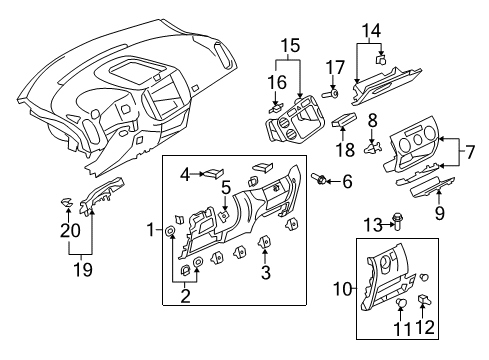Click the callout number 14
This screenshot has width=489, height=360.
click(x=371, y=31)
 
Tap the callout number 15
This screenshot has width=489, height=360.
click(x=290, y=46)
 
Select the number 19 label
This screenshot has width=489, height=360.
click(x=83, y=269)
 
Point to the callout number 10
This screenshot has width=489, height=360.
click(x=342, y=289)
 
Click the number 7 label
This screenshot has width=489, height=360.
click(x=470, y=152)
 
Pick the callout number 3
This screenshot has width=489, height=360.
click(x=265, y=272)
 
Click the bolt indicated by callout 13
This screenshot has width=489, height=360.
click(x=398, y=222)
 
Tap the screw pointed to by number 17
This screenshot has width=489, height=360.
click(x=330, y=94)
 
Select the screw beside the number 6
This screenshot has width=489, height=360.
click(x=318, y=179)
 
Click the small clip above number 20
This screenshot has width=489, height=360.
click(x=67, y=202)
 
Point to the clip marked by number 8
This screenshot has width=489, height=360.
click(x=372, y=148)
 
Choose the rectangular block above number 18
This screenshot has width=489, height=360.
click(x=344, y=120)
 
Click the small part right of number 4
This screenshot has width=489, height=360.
click(x=214, y=173)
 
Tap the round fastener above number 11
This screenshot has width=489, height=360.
click(x=402, y=303)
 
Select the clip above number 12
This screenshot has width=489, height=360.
click(x=423, y=299)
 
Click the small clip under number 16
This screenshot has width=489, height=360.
click(x=276, y=108)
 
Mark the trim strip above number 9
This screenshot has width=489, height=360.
click(x=432, y=188)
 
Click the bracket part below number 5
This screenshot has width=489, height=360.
click(x=224, y=215)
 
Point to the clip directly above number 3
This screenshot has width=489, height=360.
click(x=264, y=241)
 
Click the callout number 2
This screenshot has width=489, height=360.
click(x=185, y=296)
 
